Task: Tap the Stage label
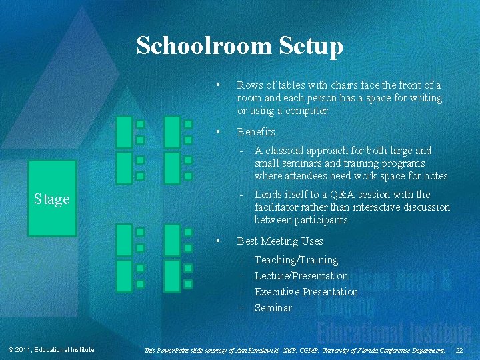(x=51, y=199)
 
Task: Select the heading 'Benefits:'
(x=257, y=132)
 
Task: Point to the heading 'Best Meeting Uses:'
(x=281, y=241)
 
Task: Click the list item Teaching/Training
(x=296, y=259)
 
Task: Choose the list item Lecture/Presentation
(x=301, y=275)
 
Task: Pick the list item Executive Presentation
(x=306, y=291)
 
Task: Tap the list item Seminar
(x=273, y=307)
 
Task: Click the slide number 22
(x=459, y=350)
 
